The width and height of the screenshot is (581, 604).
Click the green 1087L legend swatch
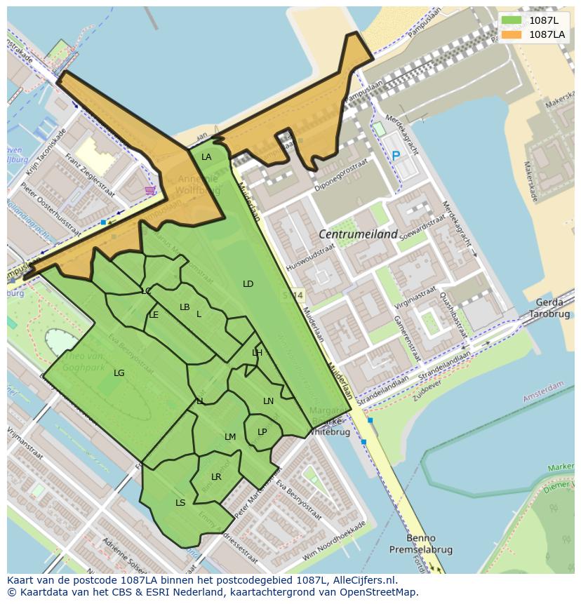pos(512,20)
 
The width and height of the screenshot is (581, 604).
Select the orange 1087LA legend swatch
pos(512,34)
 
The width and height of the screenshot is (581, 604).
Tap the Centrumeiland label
pos(358,234)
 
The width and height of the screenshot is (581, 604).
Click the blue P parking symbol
pos(396,156)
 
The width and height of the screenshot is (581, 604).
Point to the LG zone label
pos(119,373)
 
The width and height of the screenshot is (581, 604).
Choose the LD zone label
pos(248,284)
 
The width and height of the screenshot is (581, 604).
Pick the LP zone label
pos(262,432)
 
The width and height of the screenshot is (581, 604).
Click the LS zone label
pos(180,503)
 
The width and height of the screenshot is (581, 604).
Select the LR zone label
pos(216,477)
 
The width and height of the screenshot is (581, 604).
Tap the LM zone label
pos(230,437)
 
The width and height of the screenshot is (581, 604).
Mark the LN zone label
pos(268,401)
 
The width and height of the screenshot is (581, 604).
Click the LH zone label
pos(257,353)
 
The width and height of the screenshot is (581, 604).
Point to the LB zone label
pos(185,307)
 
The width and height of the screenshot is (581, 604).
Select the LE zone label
pos(154,315)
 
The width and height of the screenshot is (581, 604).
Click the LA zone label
pos(206,157)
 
